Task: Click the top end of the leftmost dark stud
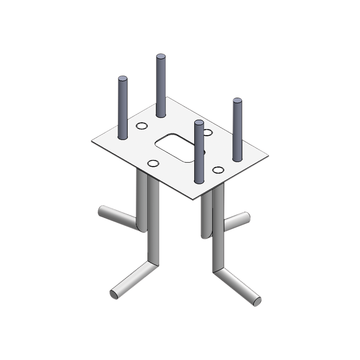tap(122, 78)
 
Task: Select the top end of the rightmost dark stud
tap(237, 101)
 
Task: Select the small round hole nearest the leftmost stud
tap(141, 126)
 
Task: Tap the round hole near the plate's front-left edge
tap(153, 164)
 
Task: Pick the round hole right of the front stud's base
tap(218, 169)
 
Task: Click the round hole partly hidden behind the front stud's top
tap(207, 132)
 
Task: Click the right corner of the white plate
tap(269, 155)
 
